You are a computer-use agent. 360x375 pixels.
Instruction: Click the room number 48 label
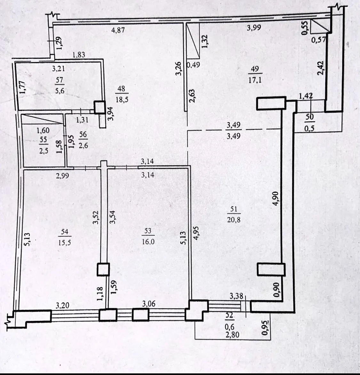[x=121, y=89]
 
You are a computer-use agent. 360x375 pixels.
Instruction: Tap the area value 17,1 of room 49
[x=255, y=80]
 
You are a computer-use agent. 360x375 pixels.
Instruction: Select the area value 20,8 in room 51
[x=234, y=219]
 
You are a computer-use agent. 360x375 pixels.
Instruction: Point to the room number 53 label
[x=148, y=230]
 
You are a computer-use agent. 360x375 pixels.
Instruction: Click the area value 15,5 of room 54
[x=64, y=243]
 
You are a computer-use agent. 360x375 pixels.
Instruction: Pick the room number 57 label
[x=60, y=80]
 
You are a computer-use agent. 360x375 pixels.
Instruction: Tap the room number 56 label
[x=83, y=134]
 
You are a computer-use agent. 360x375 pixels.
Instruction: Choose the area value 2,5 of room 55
[x=44, y=151]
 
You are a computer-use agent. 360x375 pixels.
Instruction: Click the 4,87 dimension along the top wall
[x=118, y=30]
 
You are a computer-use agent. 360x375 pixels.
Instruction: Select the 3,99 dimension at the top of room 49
[x=254, y=28]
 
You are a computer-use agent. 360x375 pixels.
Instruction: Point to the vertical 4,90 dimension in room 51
[x=276, y=198]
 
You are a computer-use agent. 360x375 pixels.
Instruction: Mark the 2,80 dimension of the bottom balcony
[x=232, y=334]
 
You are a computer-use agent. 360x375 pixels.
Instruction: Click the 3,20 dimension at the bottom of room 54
[x=62, y=305]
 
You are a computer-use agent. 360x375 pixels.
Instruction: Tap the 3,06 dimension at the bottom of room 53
[x=149, y=304]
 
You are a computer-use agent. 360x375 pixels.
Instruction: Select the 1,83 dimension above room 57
[x=79, y=55]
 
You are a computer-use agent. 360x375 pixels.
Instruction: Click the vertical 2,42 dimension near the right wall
[x=321, y=68]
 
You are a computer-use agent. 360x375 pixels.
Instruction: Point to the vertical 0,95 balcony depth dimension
[x=265, y=328]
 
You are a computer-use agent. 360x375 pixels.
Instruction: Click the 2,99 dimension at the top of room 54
[x=62, y=176]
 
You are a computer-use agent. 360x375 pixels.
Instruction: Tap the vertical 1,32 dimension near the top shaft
[x=205, y=42]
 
